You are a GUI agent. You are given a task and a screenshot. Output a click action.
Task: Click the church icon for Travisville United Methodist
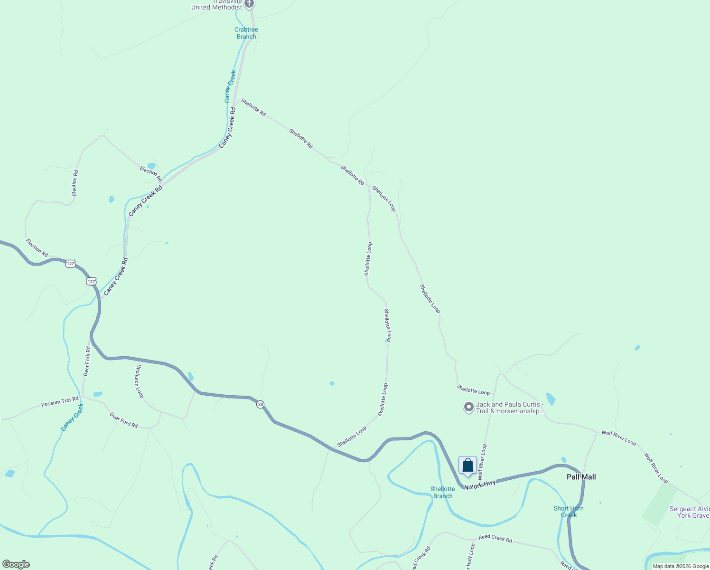pos(249,4)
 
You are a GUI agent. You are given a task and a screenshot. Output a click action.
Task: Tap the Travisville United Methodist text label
pos(217,6)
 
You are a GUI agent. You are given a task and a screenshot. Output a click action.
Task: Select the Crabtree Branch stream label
pos(246,33)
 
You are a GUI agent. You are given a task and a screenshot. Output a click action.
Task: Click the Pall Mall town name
pos(581,477)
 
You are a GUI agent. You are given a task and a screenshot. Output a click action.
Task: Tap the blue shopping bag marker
pos(467,465)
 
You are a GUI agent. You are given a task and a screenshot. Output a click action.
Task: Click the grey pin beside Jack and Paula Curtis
pos(468,407)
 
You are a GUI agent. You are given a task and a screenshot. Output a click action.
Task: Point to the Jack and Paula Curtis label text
pos(510,408)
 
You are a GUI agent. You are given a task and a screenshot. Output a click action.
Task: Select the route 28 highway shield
pos(260,404)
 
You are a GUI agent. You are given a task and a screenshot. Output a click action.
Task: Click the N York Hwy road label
pos(480,484)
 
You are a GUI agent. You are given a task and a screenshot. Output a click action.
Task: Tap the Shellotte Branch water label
pos(442,492)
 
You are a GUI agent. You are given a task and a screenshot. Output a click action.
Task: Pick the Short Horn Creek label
pos(569,512)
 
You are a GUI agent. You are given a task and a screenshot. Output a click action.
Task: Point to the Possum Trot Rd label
pos(60,402)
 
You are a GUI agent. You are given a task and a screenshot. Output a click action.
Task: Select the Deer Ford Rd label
pos(123,420)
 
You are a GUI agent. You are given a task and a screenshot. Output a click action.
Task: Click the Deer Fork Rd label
pos(87,361)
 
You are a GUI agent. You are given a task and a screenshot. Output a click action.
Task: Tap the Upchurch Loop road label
pos(140,381)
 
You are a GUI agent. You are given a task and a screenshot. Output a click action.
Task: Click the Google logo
pos(16,564)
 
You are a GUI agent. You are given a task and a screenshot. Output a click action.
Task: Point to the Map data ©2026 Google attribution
pos(681,566)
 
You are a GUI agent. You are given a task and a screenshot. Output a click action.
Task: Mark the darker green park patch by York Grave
pos(659,504)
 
